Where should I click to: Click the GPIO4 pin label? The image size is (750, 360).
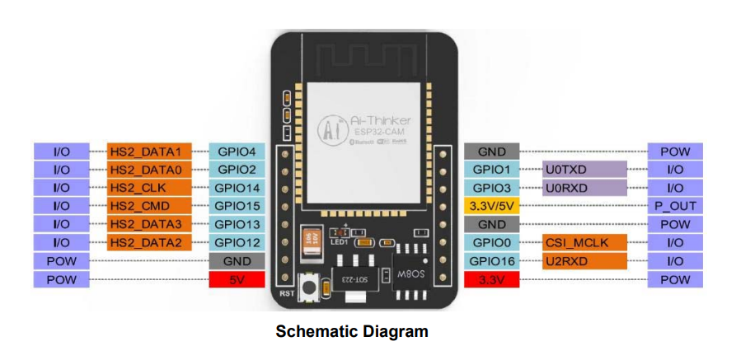click(237, 152)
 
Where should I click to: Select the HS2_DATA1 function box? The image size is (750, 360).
click(150, 152)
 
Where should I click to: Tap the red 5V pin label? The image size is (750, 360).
click(237, 280)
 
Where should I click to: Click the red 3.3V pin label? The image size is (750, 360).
click(491, 280)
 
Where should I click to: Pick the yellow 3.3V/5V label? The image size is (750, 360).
click(491, 206)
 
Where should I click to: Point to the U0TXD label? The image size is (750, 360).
click(586, 170)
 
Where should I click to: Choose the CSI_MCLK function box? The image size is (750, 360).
click(586, 243)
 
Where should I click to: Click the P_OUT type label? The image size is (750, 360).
click(675, 206)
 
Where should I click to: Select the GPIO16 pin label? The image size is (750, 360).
click(491, 261)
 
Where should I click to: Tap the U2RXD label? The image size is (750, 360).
click(586, 261)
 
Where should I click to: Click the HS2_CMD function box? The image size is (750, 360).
click(150, 206)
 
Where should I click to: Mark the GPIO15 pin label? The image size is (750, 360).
click(237, 206)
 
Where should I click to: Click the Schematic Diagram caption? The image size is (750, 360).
click(352, 332)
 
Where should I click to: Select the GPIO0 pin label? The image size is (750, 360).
click(491, 243)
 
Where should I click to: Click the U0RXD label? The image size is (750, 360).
click(586, 188)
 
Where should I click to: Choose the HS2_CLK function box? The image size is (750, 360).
click(150, 188)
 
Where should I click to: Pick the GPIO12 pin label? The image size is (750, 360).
click(237, 243)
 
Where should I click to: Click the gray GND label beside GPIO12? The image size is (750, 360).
click(237, 261)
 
